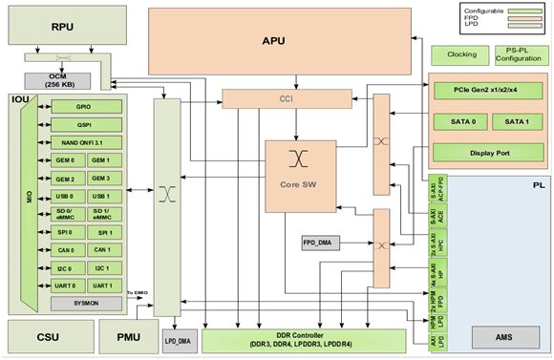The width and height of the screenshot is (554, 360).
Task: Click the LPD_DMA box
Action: pos(177,340)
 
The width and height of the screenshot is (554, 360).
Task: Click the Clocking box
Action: pos(459,54)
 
